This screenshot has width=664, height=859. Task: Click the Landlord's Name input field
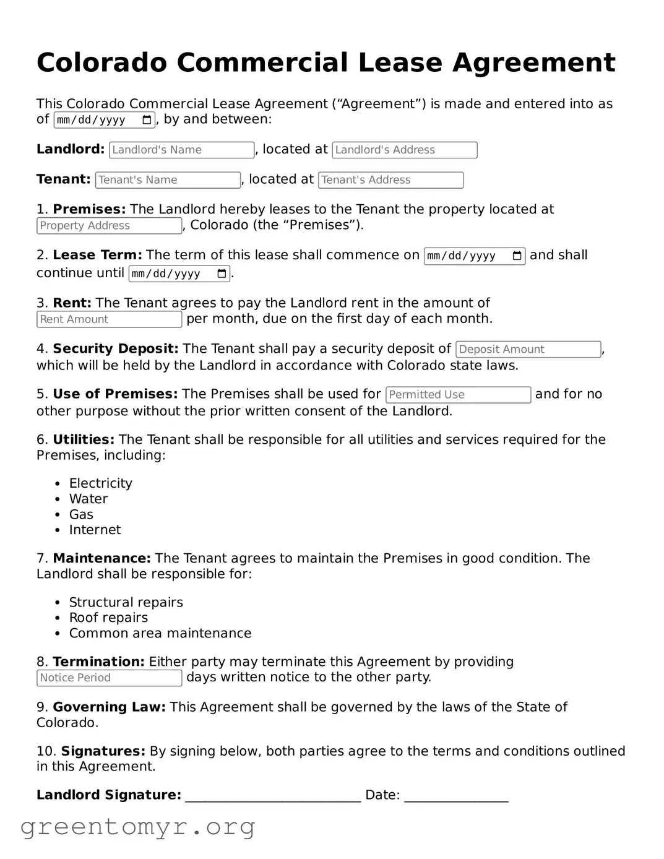[x=181, y=150]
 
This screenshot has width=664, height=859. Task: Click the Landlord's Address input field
[x=404, y=150]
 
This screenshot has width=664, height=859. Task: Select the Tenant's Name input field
[x=168, y=180]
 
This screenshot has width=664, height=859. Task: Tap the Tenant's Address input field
[x=390, y=180]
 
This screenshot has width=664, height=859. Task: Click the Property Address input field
[x=109, y=226]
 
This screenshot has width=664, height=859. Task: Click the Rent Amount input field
[x=109, y=319]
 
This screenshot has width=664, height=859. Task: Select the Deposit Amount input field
[x=528, y=350]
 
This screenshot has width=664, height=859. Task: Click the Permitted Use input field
[x=458, y=395]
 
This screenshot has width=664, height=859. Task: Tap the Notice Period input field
[x=109, y=678]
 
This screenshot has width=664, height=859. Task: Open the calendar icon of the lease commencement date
[x=517, y=256]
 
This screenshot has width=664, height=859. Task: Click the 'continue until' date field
[x=173, y=274]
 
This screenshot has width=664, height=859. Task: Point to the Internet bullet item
[x=95, y=530]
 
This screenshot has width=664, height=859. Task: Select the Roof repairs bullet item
[x=108, y=618]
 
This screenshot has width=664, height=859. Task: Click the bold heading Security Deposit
[x=116, y=349]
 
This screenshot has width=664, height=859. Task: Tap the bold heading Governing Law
[x=109, y=707]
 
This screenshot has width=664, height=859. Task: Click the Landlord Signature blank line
[x=273, y=796]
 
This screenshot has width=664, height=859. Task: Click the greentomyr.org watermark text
[x=137, y=827]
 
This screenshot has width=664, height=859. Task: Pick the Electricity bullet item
[x=100, y=483]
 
